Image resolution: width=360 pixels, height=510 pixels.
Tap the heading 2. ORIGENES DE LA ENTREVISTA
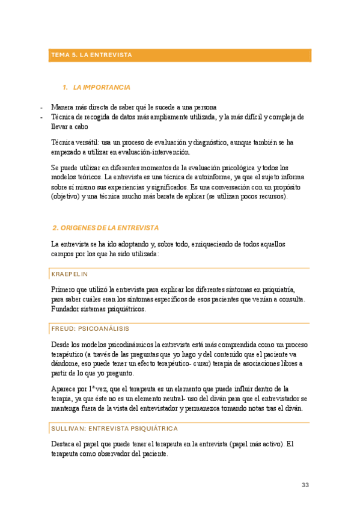[106, 228]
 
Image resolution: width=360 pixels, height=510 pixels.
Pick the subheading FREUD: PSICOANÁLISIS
[90, 329]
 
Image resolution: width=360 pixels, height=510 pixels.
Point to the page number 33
[305, 486]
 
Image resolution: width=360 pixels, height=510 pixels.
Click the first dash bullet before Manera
[41, 107]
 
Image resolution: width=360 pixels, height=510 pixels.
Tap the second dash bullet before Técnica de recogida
[41, 117]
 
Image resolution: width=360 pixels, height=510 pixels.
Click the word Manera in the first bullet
[63, 107]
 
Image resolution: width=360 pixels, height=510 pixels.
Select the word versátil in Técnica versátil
[88, 143]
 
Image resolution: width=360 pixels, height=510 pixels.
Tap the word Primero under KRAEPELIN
[64, 289]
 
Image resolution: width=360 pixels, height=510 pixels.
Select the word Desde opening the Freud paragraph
[61, 345]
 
